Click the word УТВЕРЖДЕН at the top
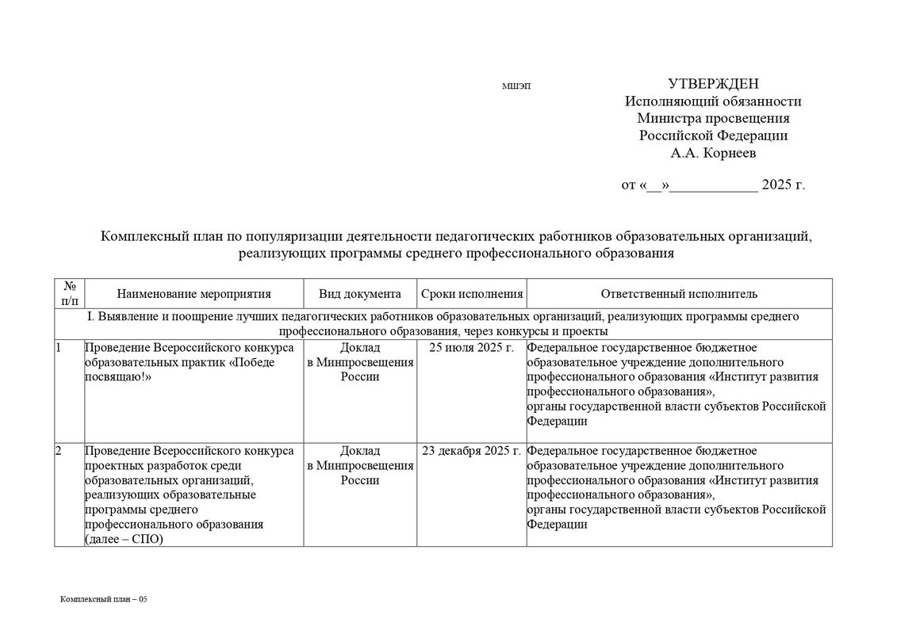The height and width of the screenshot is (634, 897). click(713, 84)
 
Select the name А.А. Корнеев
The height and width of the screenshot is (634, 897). click(713, 152)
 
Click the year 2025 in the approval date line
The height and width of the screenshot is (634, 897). click(777, 185)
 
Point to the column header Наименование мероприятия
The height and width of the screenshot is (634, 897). click(194, 294)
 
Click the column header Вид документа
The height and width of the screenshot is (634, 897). click(360, 294)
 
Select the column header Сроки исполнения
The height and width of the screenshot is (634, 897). click(472, 294)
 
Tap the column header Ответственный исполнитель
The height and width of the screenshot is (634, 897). click(679, 294)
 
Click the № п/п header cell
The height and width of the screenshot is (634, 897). click(69, 294)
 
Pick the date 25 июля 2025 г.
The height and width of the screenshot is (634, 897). click(471, 348)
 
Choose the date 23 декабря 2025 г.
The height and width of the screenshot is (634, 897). click(471, 451)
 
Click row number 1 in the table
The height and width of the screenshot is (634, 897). click(59, 348)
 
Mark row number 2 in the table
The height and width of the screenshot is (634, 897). click(59, 451)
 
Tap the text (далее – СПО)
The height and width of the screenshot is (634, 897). click(123, 539)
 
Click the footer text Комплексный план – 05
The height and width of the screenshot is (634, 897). click(104, 599)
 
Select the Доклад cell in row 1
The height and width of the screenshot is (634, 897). click(360, 362)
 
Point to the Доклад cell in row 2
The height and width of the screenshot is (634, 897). click(360, 465)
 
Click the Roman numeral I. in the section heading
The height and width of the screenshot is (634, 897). click(90, 316)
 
